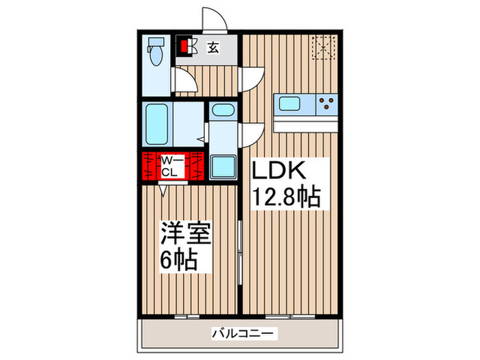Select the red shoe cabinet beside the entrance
pos(184,45)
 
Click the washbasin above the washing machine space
pos(222,110)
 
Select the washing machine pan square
pos(223,167)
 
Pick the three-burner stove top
pos(327,104)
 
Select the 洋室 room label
pos(184,232)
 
